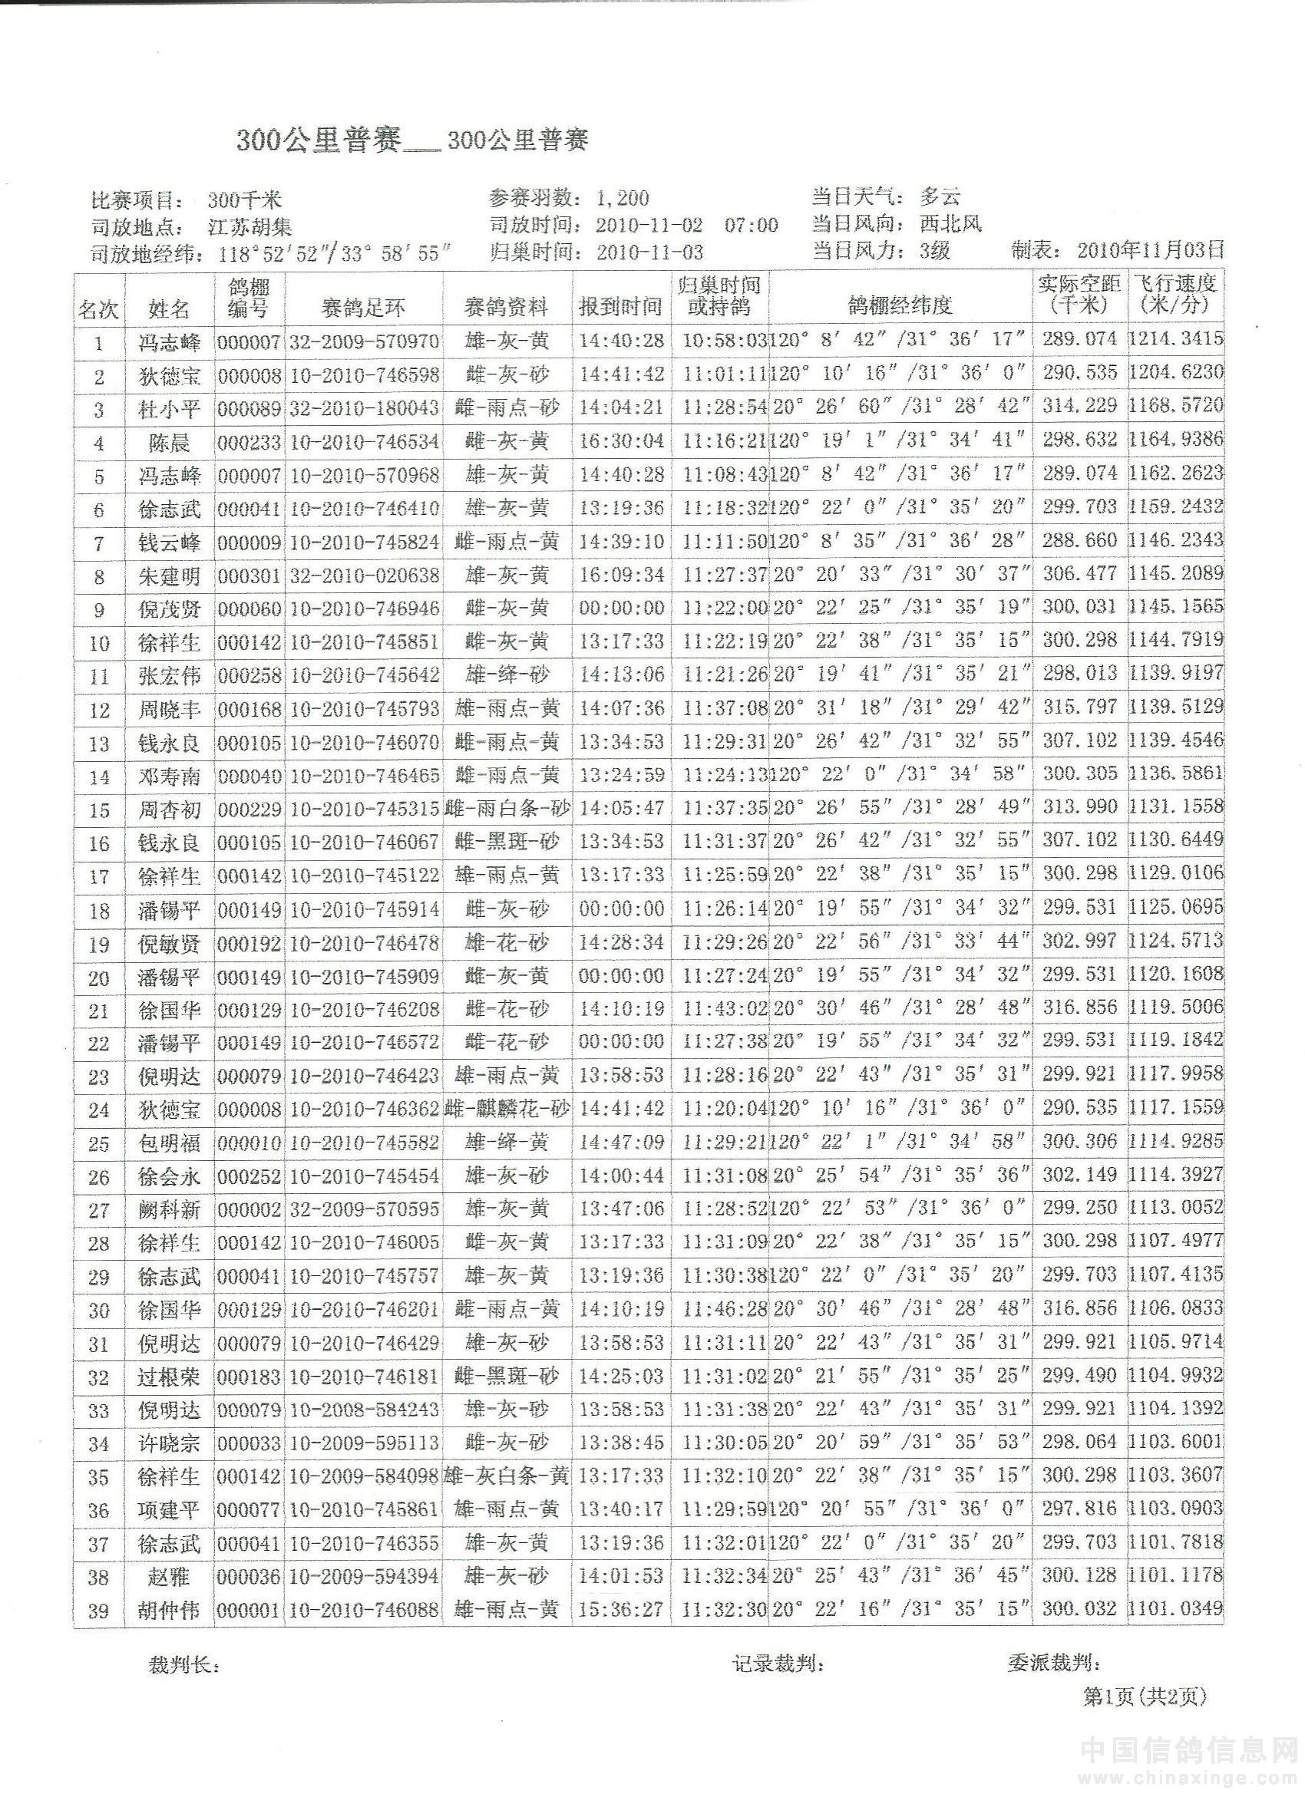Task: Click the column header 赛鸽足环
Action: (364, 306)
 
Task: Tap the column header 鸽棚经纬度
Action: (899, 306)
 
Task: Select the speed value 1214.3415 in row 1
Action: (1176, 340)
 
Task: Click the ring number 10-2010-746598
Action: (364, 374)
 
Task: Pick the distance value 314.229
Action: (1079, 407)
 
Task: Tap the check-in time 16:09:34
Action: (621, 575)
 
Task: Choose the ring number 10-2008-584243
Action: (364, 1410)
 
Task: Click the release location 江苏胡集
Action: (250, 228)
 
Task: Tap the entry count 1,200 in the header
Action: (623, 199)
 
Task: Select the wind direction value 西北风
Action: (950, 224)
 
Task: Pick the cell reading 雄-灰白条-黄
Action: (507, 1476)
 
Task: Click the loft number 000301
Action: (249, 575)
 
